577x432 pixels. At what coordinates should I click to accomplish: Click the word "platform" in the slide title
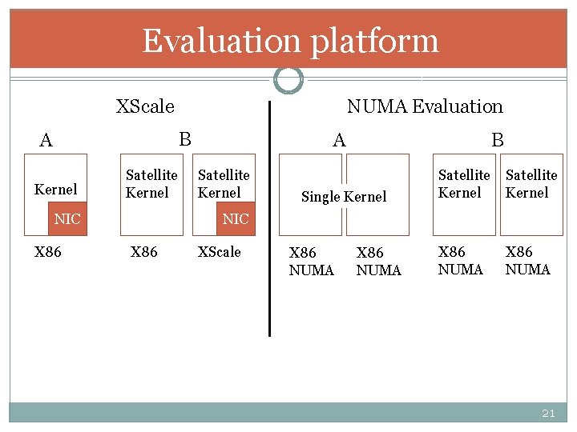pyautogui.click(x=375, y=41)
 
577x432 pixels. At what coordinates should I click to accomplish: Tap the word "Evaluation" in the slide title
pyautogui.click(x=221, y=40)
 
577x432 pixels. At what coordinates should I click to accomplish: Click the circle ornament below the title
pyautogui.click(x=288, y=79)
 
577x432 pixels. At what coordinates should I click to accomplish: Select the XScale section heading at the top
pyautogui.click(x=145, y=106)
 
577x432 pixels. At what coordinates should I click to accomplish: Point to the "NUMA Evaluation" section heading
pyautogui.click(x=425, y=106)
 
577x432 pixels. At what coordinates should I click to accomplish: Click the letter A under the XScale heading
pyautogui.click(x=46, y=141)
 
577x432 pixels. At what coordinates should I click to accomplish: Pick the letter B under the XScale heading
pyautogui.click(x=185, y=139)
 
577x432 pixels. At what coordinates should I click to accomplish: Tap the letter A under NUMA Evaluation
pyautogui.click(x=339, y=141)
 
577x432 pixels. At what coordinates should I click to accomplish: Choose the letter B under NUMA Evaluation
pyautogui.click(x=498, y=141)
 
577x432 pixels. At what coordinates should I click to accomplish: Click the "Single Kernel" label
pyautogui.click(x=343, y=197)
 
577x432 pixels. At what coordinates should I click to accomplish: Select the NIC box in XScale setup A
pyautogui.click(x=67, y=218)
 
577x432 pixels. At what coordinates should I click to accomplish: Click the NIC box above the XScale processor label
pyautogui.click(x=236, y=218)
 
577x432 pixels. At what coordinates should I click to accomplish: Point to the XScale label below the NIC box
pyautogui.click(x=219, y=252)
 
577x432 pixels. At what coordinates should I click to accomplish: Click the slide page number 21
pyautogui.click(x=548, y=414)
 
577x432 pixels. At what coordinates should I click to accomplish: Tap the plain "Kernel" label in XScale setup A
pyautogui.click(x=56, y=190)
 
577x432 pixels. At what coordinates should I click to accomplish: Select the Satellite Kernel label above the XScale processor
pyautogui.click(x=224, y=183)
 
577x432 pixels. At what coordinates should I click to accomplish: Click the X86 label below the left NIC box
pyautogui.click(x=48, y=252)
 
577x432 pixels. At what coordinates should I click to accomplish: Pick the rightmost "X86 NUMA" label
pyautogui.click(x=527, y=261)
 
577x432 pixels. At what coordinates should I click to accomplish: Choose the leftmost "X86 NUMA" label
pyautogui.click(x=311, y=262)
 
